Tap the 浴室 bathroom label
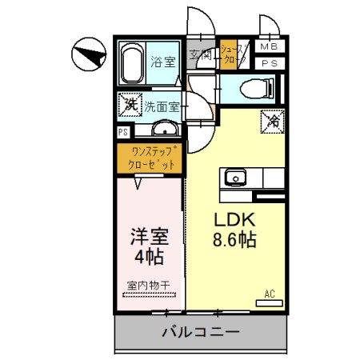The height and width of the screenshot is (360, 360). pyautogui.click(x=164, y=61)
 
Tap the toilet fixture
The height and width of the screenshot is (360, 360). pyautogui.click(x=255, y=88)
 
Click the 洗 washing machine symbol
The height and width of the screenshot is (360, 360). pyautogui.click(x=128, y=104)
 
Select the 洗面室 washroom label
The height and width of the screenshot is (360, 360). pyautogui.click(x=162, y=105)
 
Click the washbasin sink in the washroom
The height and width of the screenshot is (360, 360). pyautogui.click(x=166, y=129)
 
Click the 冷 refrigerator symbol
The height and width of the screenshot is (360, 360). pyautogui.click(x=272, y=122)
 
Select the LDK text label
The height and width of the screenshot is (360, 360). pyautogui.click(x=234, y=220)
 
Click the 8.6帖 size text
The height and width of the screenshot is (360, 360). pyautogui.click(x=234, y=239)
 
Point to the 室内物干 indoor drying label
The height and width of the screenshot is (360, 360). pyautogui.click(x=148, y=285)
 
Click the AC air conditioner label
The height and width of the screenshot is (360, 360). pyautogui.click(x=270, y=294)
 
